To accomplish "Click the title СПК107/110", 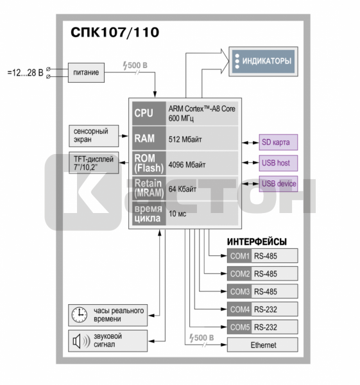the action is pos(115,33).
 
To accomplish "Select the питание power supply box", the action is pos(86,73).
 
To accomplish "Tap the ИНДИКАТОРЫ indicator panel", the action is pos(263,62).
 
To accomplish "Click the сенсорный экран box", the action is pos(94,136).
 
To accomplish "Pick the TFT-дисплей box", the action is pos(94,163).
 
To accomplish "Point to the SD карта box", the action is pos(279,142).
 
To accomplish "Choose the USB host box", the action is pos(279,163).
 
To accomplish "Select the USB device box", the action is pos(279,184).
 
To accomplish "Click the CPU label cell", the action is pos(149,114).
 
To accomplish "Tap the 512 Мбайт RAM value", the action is pos(185,139).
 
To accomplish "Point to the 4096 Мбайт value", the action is pos(187,164).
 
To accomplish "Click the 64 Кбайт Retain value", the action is pos(182,189).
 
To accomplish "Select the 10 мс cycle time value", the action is pos(177,214).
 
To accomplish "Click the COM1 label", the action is pos(239,256).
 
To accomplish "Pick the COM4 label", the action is pos(239,309).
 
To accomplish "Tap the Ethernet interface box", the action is pos(262,345).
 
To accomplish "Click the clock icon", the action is pos(80,315).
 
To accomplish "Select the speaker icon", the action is pos(81,341).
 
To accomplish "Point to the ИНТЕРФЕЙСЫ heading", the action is pos(257,242).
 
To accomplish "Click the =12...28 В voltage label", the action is pos(25,73).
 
